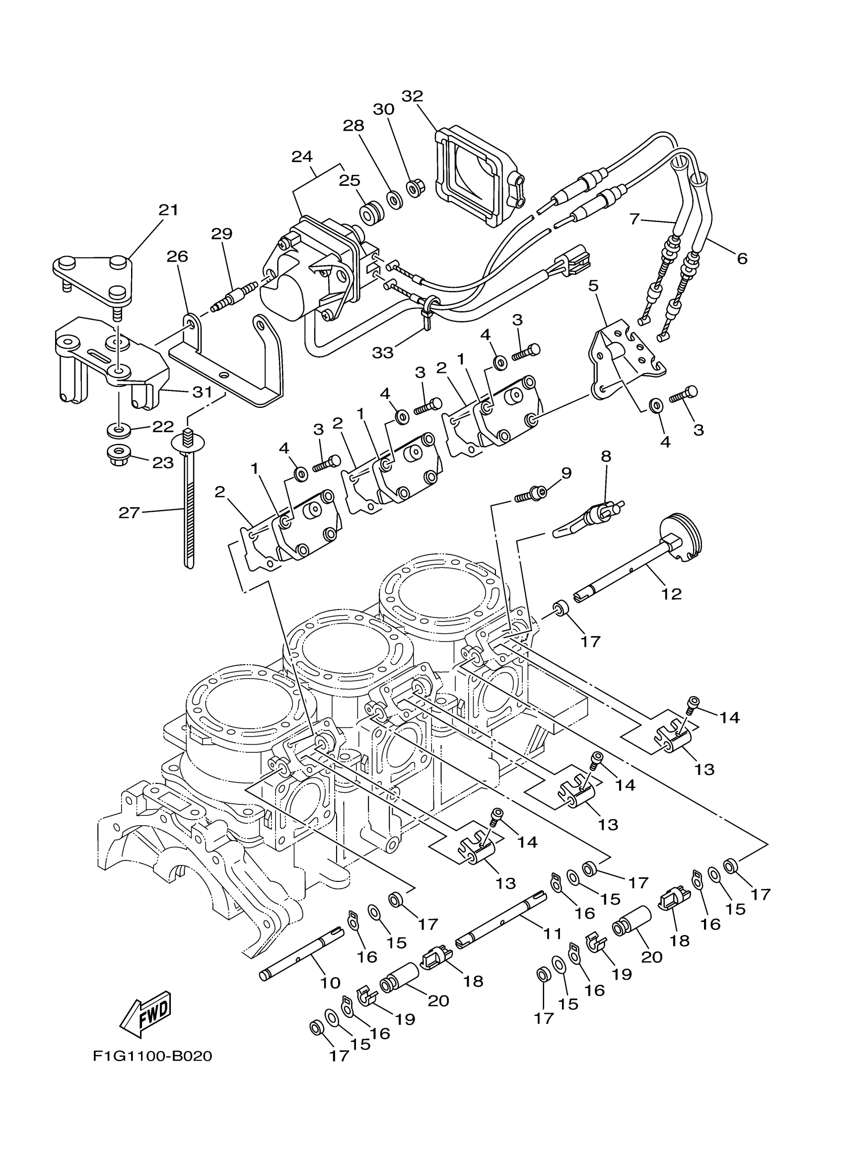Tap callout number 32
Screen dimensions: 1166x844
click(x=412, y=96)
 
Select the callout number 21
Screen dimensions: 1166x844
click(x=168, y=210)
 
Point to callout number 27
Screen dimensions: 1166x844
click(x=129, y=513)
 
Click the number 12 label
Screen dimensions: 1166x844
click(x=671, y=594)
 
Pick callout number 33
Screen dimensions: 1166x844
click(x=383, y=352)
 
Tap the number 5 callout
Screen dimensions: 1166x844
click(x=593, y=286)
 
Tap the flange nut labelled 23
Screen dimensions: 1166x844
click(x=119, y=455)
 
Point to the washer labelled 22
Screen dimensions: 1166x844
click(x=119, y=428)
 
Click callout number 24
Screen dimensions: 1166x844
click(x=302, y=156)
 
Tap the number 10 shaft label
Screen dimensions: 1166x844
click(x=330, y=983)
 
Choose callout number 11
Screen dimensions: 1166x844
click(x=553, y=933)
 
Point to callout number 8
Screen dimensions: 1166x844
click(x=606, y=456)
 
